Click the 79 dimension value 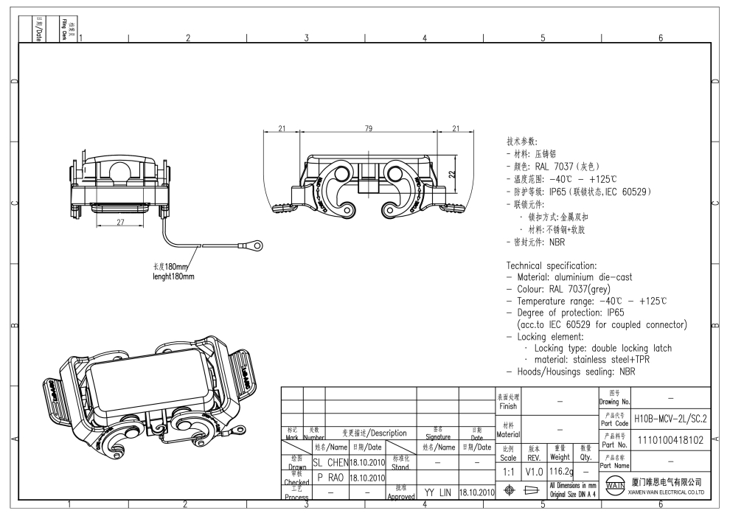point(368,128)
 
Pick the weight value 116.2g point(560,470)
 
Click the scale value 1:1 point(508,470)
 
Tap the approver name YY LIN point(437,491)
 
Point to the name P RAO point(330,477)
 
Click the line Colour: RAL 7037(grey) point(564,289)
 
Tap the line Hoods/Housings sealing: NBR point(570,372)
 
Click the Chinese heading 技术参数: point(521,141)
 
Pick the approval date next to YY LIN point(476,491)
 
